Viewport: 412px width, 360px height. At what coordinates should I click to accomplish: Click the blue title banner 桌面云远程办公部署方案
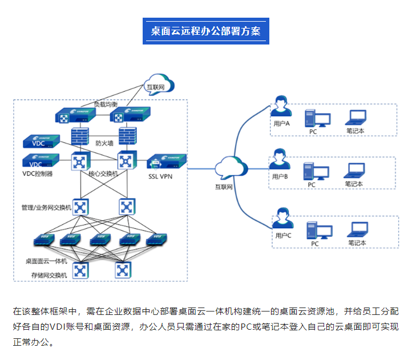pos(205,31)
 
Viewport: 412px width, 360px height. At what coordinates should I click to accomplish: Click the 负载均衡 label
pos(106,104)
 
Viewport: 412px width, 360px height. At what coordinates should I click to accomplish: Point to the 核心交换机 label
pos(103,173)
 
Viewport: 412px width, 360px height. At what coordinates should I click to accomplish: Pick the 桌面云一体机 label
pos(46,261)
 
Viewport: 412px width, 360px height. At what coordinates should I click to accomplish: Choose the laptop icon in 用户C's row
pos(357,229)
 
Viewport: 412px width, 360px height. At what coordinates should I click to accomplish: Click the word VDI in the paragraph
pos(62,327)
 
